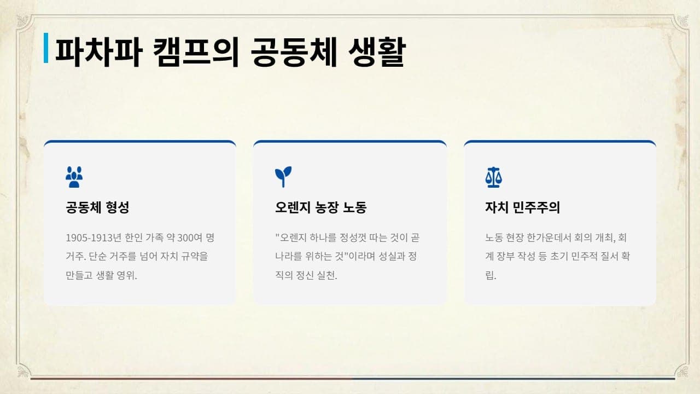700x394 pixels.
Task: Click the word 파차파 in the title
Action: point(99,52)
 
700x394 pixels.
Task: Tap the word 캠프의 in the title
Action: point(196,52)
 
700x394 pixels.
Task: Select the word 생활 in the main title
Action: point(377,52)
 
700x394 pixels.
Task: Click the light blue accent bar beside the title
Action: point(46,48)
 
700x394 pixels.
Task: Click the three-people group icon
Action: point(74,177)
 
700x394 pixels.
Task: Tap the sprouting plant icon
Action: point(283,177)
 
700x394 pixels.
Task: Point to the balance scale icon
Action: point(493,177)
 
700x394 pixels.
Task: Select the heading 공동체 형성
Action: point(97,207)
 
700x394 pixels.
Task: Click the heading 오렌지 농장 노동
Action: point(321,207)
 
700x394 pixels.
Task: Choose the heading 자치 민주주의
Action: point(522,207)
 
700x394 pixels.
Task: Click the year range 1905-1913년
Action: point(94,238)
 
